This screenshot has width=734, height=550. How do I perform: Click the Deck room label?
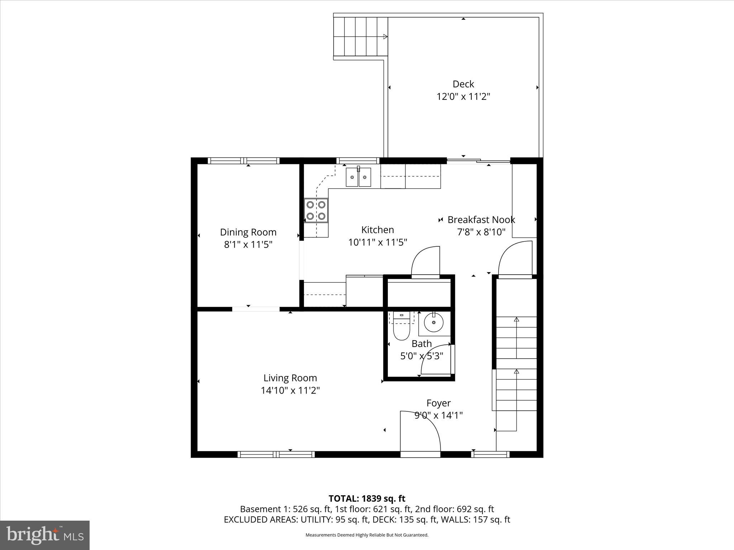[x=463, y=84]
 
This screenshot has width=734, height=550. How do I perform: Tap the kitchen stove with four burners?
[x=316, y=210]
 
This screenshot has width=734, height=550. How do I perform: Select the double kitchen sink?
[x=358, y=177]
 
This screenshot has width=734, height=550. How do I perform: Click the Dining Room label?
[x=248, y=232]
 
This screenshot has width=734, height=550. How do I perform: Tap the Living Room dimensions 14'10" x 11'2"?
[x=290, y=390]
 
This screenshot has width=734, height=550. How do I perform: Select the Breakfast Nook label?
[x=481, y=220]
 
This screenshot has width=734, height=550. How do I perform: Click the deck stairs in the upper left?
[x=361, y=37]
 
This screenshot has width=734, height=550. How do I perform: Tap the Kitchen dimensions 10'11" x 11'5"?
[x=377, y=242]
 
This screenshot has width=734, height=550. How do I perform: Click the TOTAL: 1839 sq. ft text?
[x=367, y=498]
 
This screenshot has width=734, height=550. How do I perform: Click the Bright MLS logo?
[x=45, y=535]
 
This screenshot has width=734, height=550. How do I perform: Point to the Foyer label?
[x=438, y=403]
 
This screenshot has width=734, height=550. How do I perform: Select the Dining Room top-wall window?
[x=244, y=161]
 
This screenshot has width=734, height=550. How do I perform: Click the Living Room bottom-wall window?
[x=276, y=454]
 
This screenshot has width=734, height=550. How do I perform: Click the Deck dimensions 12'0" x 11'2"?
[x=463, y=97]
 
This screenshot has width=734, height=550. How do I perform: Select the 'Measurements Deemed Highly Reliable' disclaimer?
[x=367, y=535]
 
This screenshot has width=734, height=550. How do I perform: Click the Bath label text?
[x=421, y=344]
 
